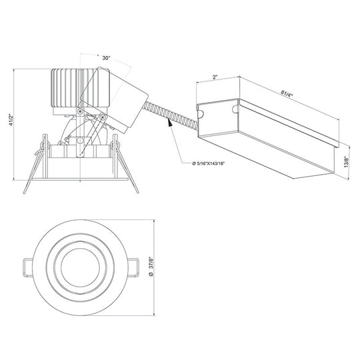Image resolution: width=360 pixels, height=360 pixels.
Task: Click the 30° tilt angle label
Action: click(x=105, y=58)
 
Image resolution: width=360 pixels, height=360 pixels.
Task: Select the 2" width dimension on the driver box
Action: click(x=215, y=77)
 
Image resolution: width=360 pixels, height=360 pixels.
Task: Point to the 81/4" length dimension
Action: click(x=287, y=94)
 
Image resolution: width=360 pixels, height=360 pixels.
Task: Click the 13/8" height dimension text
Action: click(x=346, y=161)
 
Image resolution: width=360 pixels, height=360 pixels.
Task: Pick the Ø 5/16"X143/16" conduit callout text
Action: click(x=208, y=163)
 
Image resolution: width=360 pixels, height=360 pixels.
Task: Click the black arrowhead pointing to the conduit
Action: click(x=170, y=123)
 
